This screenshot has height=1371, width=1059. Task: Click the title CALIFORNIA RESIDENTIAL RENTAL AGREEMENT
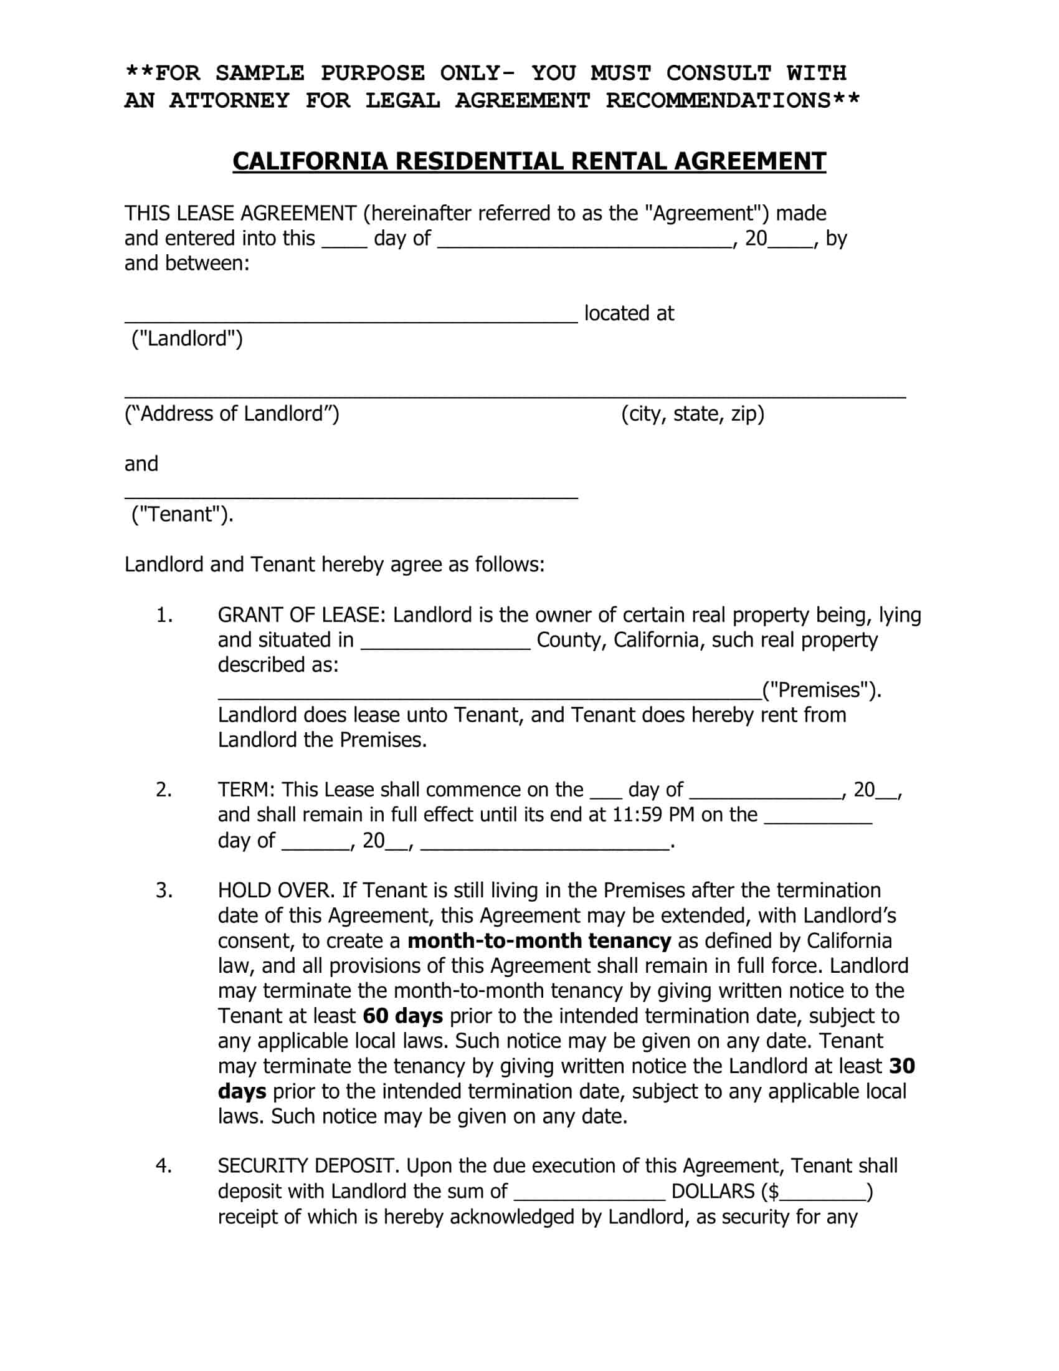[x=529, y=161]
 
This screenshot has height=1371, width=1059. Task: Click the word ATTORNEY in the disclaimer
[x=229, y=100]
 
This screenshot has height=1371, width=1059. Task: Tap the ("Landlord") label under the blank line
[x=186, y=339]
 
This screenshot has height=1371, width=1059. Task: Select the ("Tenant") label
[x=182, y=515]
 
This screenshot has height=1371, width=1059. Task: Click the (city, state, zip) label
[x=693, y=414]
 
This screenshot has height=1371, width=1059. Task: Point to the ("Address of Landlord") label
[x=232, y=414]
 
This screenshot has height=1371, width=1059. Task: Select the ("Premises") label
[x=821, y=690]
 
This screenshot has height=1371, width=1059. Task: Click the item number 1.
[x=164, y=615]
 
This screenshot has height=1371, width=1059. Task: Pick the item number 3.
[x=164, y=891]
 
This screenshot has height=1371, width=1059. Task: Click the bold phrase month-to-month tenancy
[x=539, y=941]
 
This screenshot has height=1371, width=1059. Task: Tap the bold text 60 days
[x=403, y=1016]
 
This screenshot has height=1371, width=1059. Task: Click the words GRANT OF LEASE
[x=300, y=615]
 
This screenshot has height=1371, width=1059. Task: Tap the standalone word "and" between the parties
[x=141, y=464]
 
